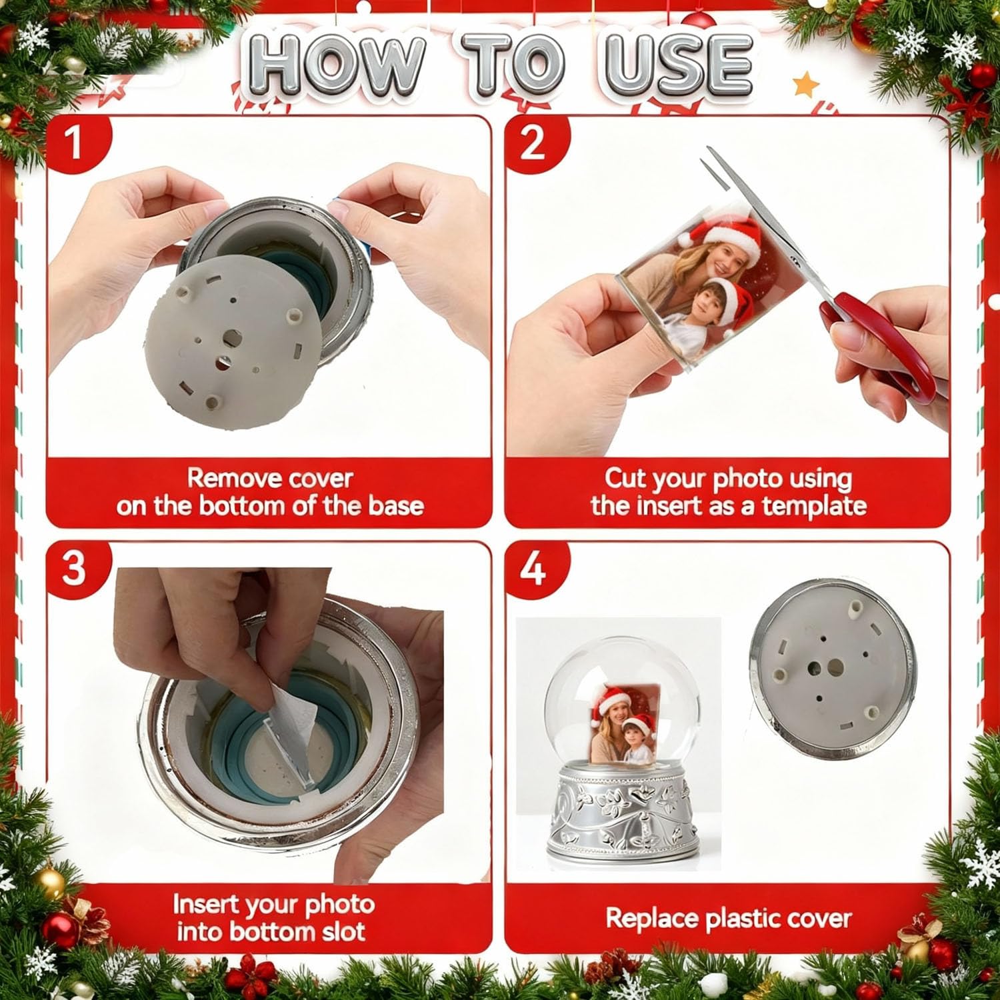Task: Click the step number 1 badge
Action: tap(75, 143)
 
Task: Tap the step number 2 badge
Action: tap(532, 143)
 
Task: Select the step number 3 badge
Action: tap(75, 569)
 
